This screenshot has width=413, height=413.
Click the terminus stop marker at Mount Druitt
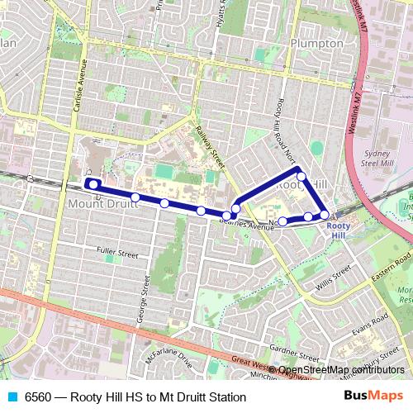tap(93, 184)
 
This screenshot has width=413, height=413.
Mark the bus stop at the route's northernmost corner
tap(301, 176)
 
